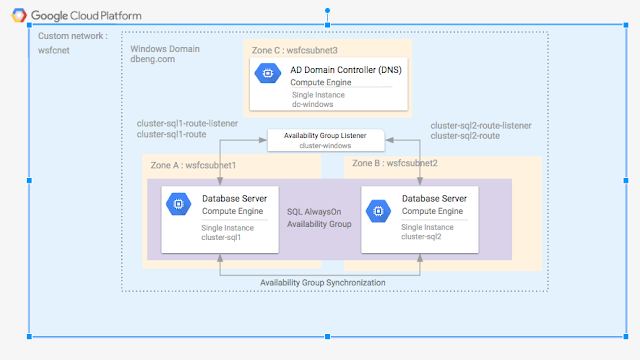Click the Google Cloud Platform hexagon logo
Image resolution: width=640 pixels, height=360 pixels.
19,15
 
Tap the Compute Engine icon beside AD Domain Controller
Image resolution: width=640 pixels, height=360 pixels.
268,73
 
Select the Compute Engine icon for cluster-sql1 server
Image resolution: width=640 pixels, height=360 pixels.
178,204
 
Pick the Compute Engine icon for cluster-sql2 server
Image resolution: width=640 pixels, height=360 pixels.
378,211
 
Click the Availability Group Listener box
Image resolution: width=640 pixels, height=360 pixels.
326,140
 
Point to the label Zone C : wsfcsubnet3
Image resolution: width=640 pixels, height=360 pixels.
294,50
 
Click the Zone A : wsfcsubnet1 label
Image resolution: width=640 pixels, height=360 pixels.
193,165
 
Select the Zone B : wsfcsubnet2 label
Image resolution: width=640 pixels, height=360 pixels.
395,163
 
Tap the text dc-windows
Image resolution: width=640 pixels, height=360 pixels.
312,104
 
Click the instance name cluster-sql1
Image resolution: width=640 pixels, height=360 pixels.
221,238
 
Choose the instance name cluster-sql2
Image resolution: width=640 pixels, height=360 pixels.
421,237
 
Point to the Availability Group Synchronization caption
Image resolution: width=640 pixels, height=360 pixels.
322,282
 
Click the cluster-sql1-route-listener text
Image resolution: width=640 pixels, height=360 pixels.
187,123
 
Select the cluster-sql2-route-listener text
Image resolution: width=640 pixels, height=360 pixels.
481,126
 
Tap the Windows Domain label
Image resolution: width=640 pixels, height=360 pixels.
165,49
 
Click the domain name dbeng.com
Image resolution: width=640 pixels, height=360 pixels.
153,59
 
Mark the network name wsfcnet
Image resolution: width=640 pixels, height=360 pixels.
53,50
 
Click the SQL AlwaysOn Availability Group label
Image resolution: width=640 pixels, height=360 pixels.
319,218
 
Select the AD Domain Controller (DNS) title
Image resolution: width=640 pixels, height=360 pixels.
346,70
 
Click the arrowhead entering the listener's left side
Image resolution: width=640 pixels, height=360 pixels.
263,140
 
